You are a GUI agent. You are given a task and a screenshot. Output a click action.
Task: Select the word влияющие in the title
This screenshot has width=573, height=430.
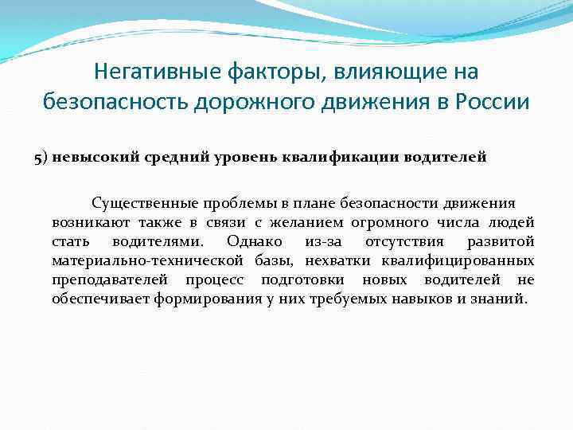point(372,72)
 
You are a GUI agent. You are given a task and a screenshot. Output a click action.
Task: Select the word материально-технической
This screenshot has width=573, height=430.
point(150,261)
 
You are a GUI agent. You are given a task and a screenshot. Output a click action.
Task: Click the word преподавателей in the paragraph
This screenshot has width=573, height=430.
point(110,280)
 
